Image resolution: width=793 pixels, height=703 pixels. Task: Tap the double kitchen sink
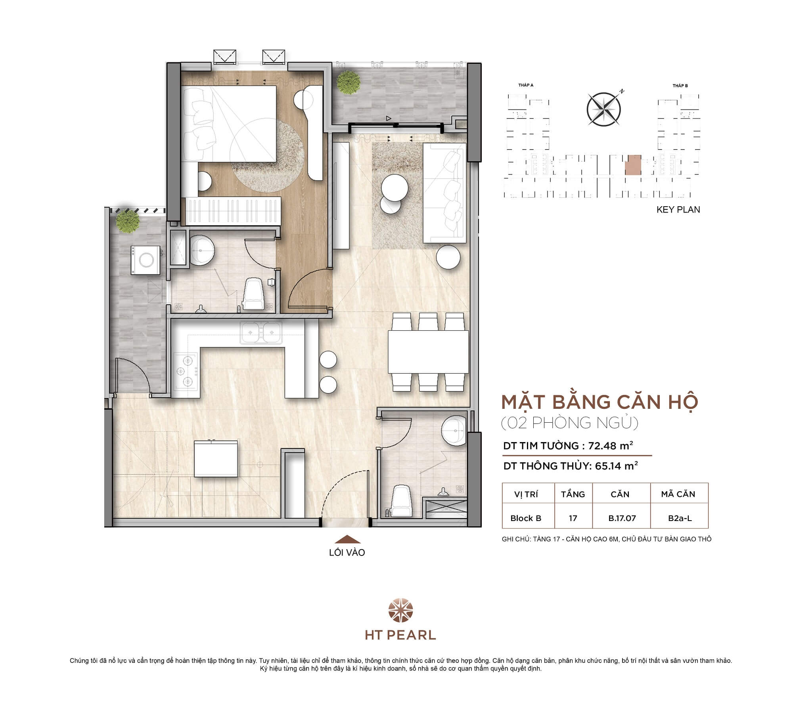tap(261, 332)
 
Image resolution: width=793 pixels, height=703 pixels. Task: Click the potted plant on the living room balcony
tap(348, 82)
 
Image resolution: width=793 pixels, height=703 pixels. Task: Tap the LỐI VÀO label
tap(347, 553)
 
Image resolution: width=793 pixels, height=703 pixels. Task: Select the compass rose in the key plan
tap(603, 109)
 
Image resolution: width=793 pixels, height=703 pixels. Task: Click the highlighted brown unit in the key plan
tap(633, 165)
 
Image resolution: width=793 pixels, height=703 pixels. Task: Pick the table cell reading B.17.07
tap(622, 518)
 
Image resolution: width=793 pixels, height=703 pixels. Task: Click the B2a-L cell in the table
tap(680, 518)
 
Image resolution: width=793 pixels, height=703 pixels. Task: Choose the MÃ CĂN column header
tap(678, 494)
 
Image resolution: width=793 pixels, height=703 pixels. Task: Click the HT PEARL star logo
tap(400, 611)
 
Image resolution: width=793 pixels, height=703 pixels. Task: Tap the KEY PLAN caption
tap(678, 210)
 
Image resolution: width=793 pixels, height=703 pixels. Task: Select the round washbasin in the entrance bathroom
tap(454, 431)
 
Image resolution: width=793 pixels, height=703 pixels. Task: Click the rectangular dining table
tap(428, 351)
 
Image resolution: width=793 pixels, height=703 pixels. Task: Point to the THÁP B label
tap(680, 86)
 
